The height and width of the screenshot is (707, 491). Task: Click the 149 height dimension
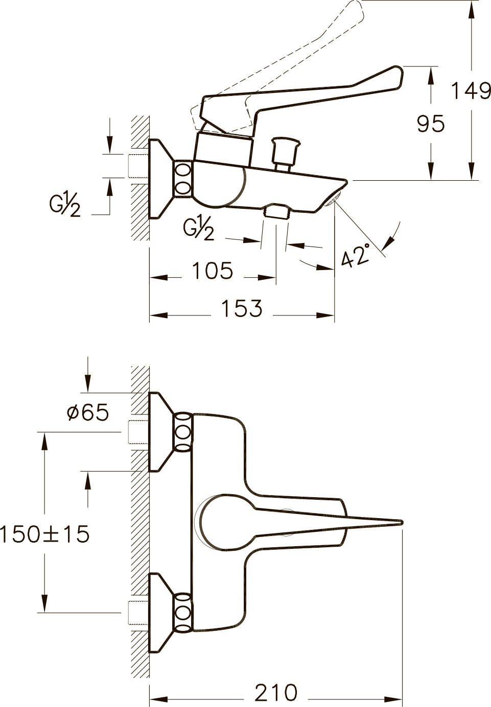coord(471,91)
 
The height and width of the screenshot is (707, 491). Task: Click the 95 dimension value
coord(430,124)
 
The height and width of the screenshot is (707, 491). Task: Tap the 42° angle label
coord(356,255)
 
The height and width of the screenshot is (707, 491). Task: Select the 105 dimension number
coord(213,271)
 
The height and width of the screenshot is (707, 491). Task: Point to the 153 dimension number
coord(242,308)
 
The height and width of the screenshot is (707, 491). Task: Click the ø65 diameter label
coord(88,412)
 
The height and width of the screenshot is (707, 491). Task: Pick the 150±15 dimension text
coord(45,534)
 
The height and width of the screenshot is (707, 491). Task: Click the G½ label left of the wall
coord(65,205)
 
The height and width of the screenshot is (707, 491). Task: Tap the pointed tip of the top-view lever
coord(402,522)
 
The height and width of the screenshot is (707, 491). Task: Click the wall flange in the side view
coord(161,179)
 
